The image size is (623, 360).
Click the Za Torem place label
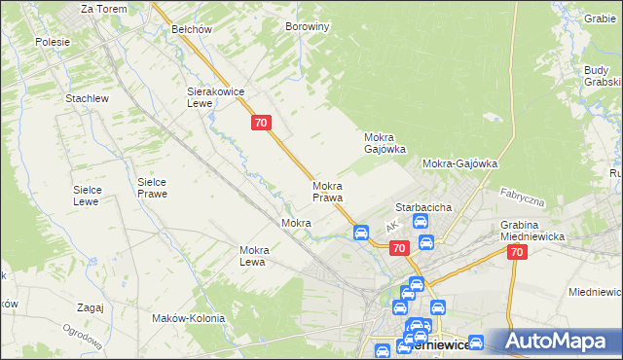click(101, 8)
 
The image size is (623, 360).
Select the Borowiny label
click(307, 27)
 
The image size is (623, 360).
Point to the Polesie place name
click(53, 42)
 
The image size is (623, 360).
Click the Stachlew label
click(86, 99)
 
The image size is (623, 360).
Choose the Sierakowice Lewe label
click(214, 97)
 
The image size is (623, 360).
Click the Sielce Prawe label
click(152, 188)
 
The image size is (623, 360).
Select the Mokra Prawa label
click(327, 192)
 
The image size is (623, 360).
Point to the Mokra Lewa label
click(253, 256)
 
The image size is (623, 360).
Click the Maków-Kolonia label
click(189, 318)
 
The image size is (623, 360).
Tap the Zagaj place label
click(89, 307)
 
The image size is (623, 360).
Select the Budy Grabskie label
click(603, 76)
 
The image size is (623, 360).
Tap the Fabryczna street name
click(522, 198)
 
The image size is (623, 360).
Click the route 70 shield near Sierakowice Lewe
click(260, 123)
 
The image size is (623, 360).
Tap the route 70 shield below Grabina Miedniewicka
click(516, 252)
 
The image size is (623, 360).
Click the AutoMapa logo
click(554, 342)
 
